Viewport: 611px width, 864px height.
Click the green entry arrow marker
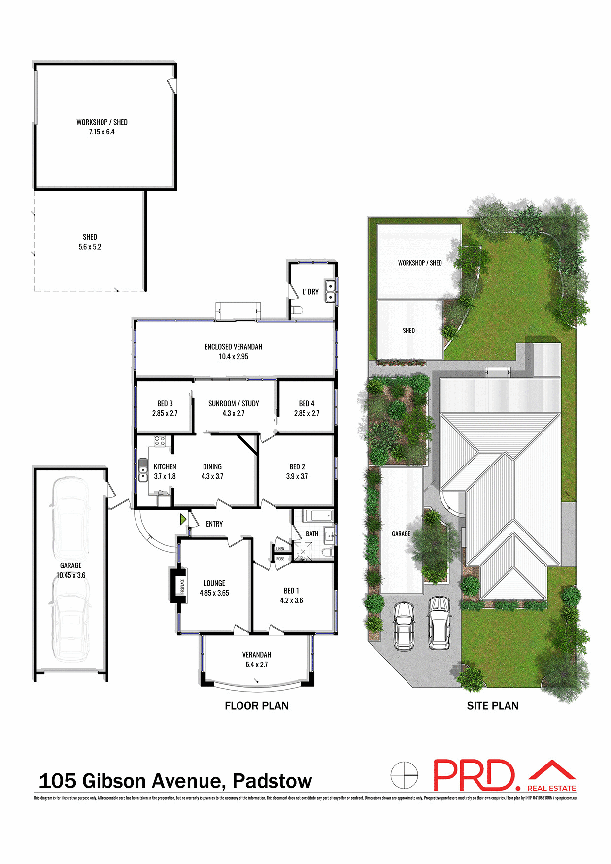pos(183,519)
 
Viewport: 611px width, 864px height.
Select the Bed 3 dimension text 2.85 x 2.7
pos(165,413)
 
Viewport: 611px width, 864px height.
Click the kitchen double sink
pos(143,470)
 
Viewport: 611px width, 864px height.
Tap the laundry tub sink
pos(330,291)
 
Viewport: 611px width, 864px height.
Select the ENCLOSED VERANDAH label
pos(234,347)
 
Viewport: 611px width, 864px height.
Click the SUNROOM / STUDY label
pos(234,403)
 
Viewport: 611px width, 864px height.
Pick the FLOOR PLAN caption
pos(257,706)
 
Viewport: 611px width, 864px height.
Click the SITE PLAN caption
pos(493,706)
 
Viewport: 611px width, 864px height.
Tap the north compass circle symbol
pos(404,775)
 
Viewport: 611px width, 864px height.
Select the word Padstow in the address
pos(272,781)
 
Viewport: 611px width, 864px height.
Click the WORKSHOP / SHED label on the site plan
pos(420,263)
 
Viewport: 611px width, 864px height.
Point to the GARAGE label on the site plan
pos(401,533)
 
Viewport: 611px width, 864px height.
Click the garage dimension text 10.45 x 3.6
pos(71,575)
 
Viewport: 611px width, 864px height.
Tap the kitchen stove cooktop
pos(159,441)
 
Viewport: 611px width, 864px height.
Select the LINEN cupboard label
pos(280,549)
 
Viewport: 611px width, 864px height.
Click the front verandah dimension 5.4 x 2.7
pos(257,665)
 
